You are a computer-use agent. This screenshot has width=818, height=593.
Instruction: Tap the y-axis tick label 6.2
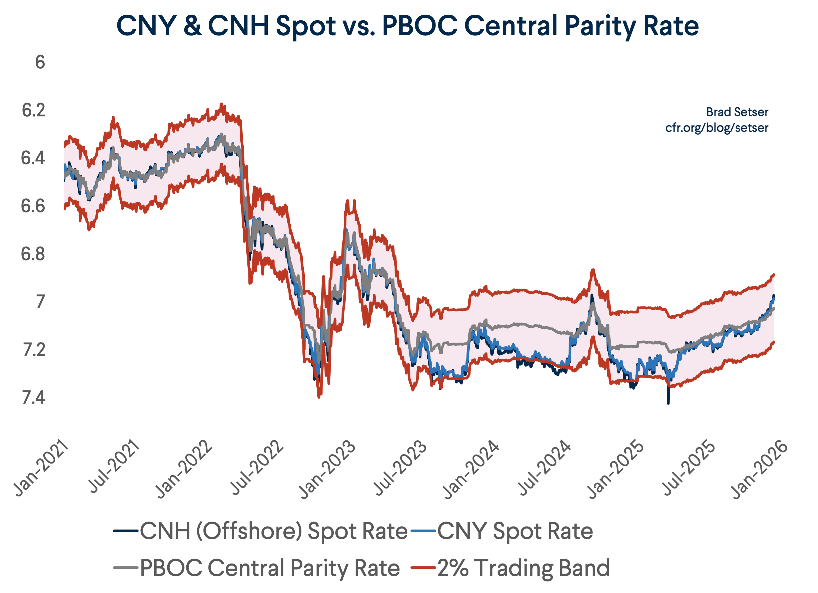(x=34, y=110)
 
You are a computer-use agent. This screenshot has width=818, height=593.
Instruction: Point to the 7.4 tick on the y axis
(x=34, y=398)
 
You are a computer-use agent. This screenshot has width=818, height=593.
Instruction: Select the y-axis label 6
(x=40, y=62)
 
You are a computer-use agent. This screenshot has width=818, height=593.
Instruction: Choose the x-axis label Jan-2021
(x=41, y=469)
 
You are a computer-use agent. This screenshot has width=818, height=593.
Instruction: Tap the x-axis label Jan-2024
(x=471, y=469)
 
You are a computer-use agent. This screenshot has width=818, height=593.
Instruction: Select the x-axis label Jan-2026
(x=759, y=469)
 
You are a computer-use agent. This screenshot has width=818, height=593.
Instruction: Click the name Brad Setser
(x=737, y=112)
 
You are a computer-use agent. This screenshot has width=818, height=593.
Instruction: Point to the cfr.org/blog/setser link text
(x=717, y=128)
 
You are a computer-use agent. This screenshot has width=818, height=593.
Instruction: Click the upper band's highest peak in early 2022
(x=222, y=104)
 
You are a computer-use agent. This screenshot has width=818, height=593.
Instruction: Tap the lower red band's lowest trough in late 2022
(x=319, y=397)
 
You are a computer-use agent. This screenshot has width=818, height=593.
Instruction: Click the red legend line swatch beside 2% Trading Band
(x=423, y=568)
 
